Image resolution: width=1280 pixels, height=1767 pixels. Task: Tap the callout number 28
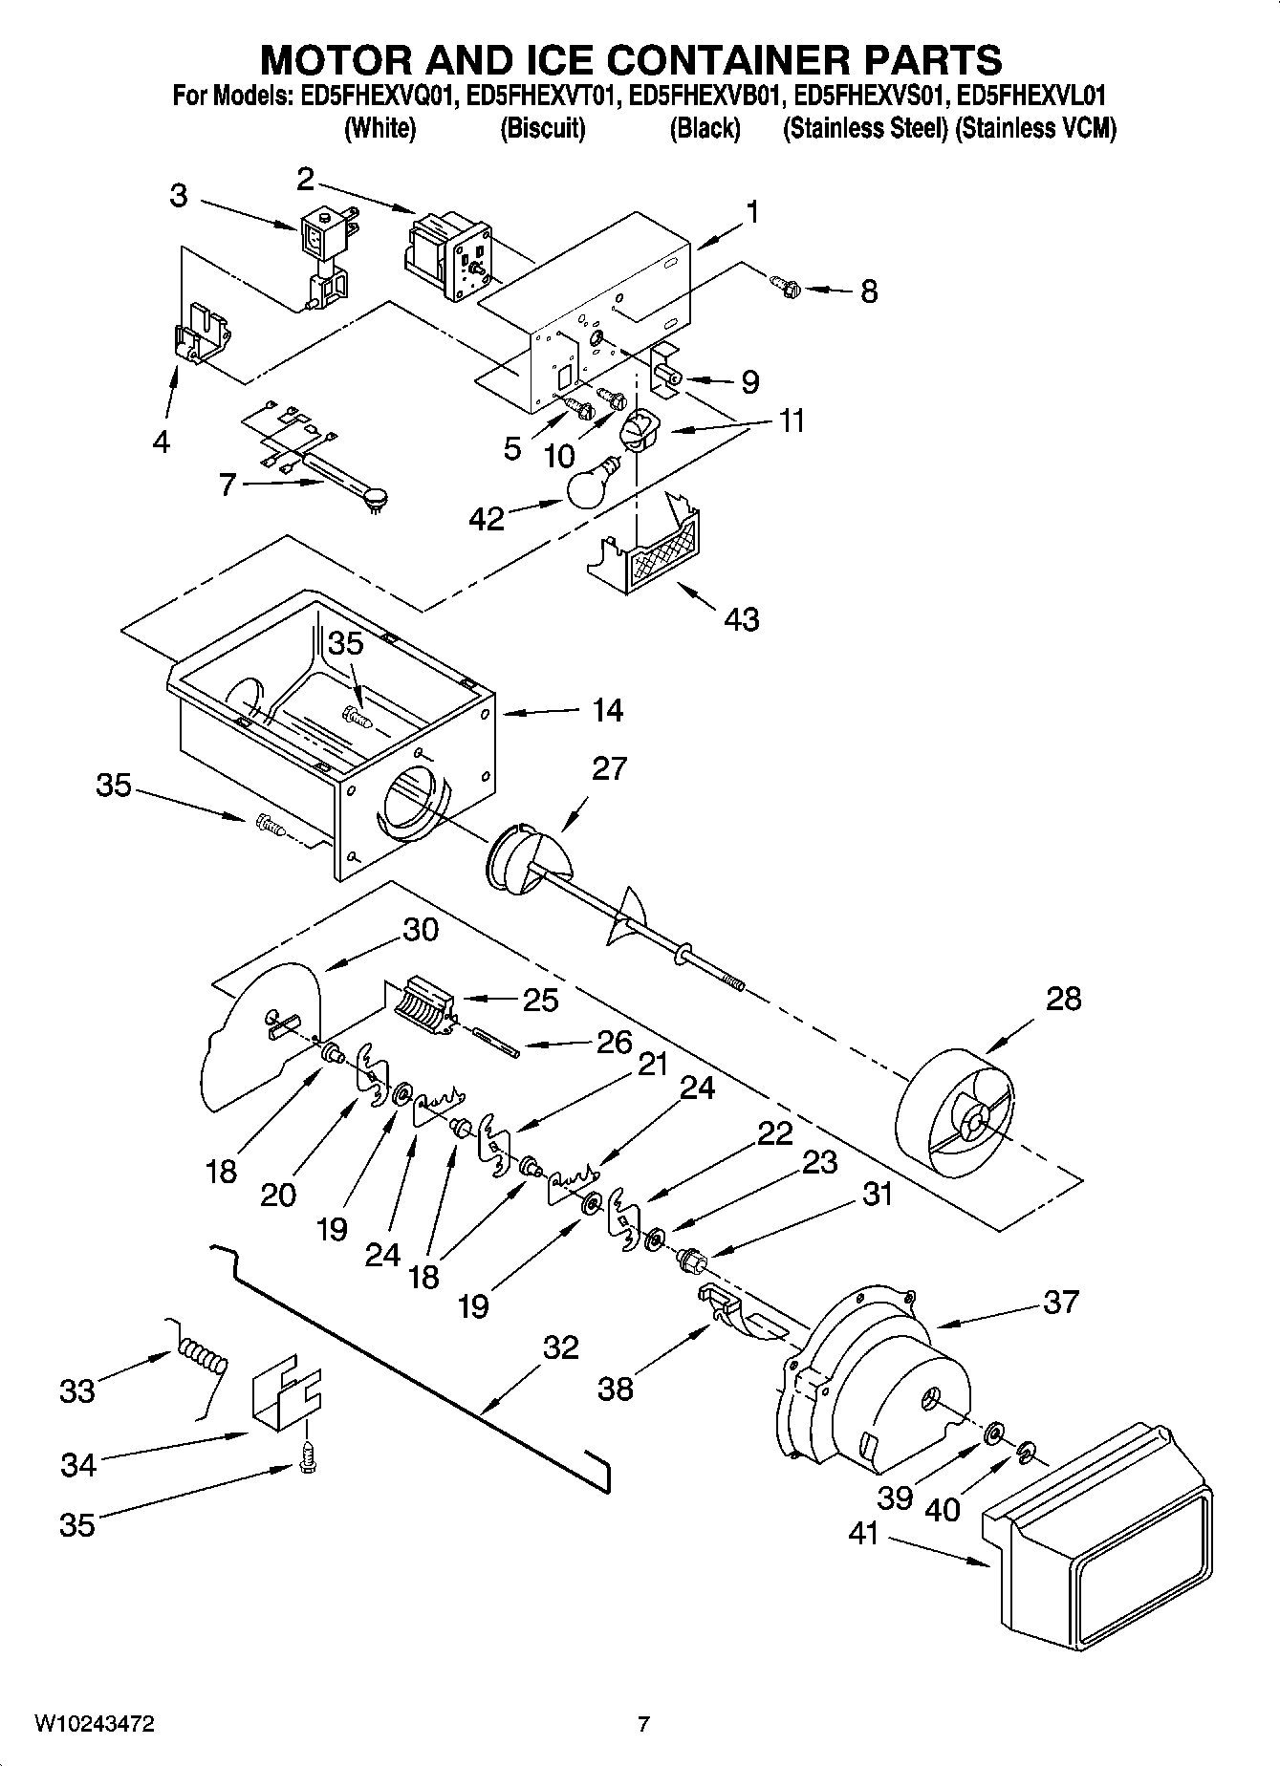coord(1063,999)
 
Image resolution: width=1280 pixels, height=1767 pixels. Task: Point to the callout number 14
coord(607,710)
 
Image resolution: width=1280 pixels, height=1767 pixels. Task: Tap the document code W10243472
coord(95,1724)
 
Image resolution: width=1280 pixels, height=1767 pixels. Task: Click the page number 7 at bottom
coord(642,1724)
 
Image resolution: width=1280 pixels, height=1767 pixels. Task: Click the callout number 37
coord(1061,1302)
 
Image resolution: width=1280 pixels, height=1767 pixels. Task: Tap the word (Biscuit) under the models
coord(542,128)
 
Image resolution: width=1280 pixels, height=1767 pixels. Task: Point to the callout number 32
coord(560,1347)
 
